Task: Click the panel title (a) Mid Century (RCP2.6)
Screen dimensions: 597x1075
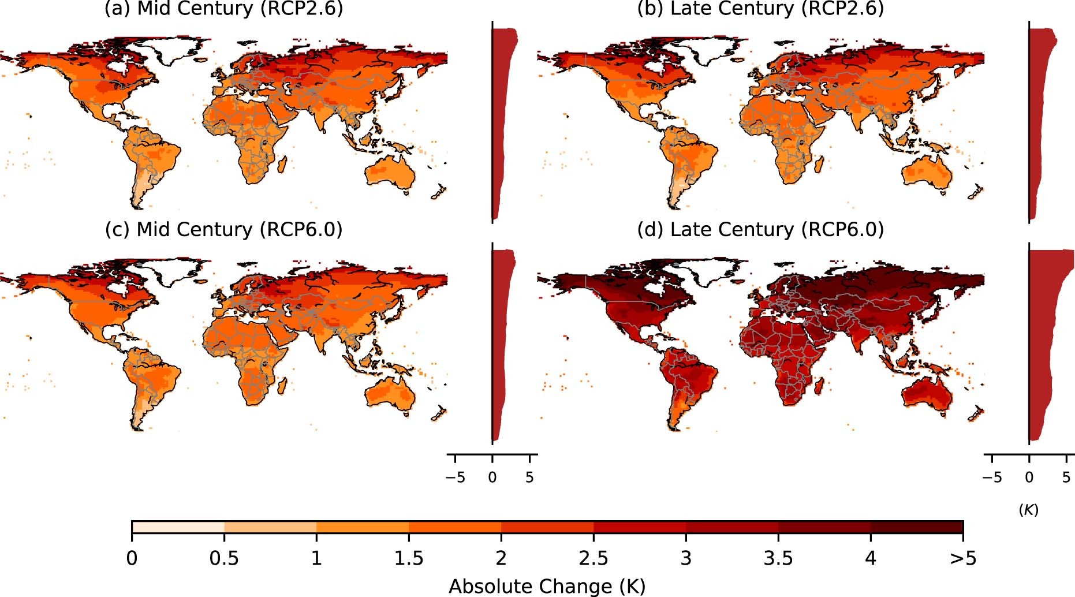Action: pos(223,9)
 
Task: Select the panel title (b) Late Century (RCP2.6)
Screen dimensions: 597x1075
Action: pos(760,9)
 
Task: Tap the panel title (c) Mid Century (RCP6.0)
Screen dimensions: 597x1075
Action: pos(223,230)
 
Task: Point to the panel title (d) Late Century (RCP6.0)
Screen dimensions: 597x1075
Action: pos(760,230)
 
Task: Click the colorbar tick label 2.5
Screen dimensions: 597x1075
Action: pos(593,558)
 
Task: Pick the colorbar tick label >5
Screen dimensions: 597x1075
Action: pos(962,558)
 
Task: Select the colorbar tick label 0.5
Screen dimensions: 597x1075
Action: pos(224,558)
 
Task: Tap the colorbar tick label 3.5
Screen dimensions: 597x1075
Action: pos(778,558)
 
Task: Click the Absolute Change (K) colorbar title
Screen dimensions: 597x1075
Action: pos(547,586)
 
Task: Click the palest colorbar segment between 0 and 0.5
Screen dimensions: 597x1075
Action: pos(178,527)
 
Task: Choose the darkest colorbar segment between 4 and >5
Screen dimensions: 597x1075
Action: pos(917,527)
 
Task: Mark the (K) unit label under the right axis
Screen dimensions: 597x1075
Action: pos(1028,510)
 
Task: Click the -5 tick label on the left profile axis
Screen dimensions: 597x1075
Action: pos(455,477)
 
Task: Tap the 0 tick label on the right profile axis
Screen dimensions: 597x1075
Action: pos(1029,477)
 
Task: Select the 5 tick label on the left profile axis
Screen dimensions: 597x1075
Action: pos(529,477)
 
